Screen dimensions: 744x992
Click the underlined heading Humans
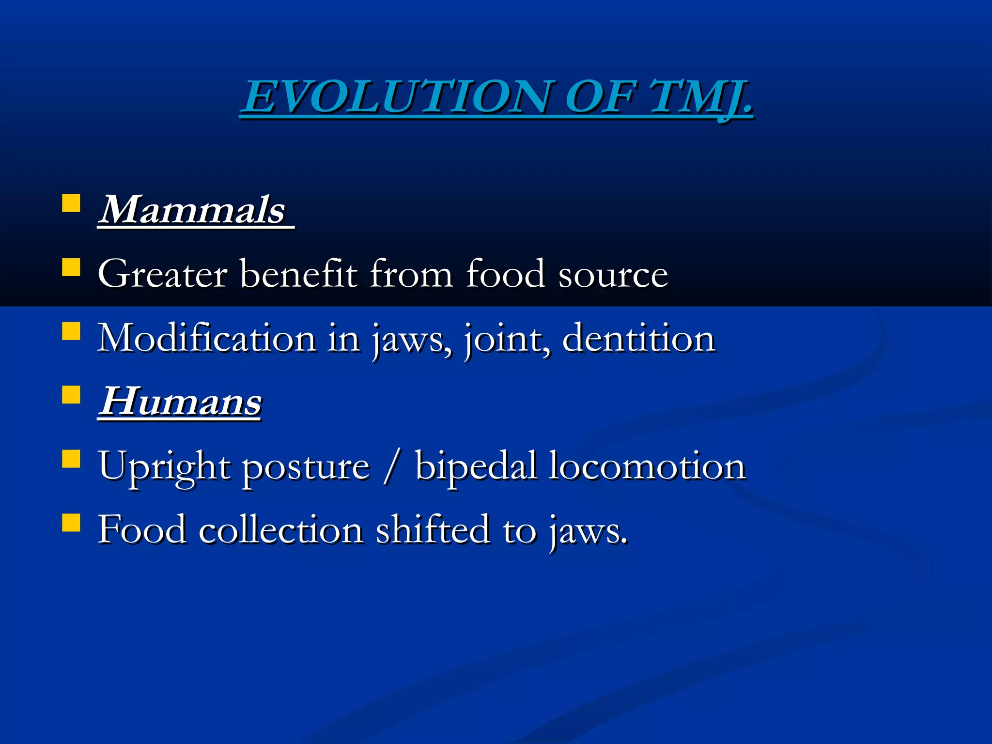coord(180,402)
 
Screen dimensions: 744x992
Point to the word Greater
coord(162,274)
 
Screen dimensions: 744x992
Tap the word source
coord(613,275)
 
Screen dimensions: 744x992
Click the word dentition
coord(638,338)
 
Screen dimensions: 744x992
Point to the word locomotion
coord(647,466)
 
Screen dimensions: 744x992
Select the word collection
coord(281,530)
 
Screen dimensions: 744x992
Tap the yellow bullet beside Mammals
coord(71,204)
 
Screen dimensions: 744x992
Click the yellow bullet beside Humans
coord(71,395)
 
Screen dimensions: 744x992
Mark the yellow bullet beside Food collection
coord(71,523)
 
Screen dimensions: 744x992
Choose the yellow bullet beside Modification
coord(71,332)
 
